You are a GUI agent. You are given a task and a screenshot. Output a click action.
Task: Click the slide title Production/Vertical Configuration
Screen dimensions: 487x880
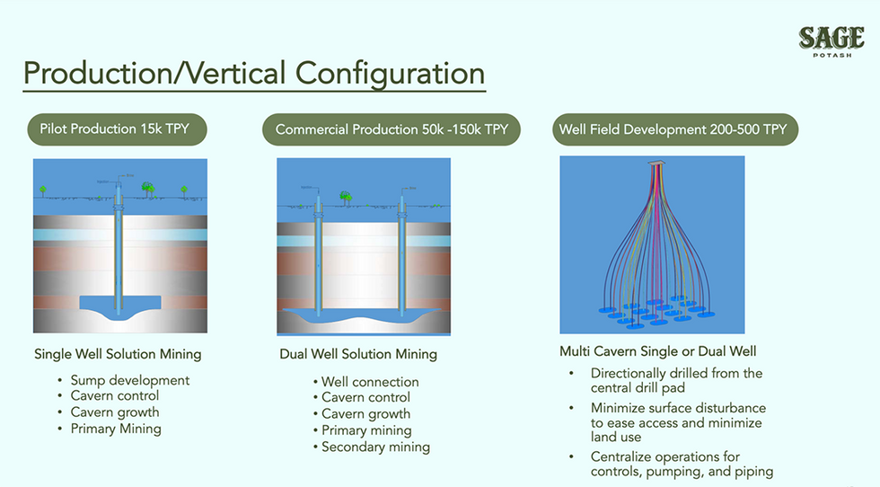tap(254, 74)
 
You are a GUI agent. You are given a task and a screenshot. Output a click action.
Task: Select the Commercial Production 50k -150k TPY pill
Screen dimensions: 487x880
tap(392, 129)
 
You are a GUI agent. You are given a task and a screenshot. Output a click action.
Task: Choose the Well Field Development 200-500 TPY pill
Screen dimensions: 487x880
tap(673, 129)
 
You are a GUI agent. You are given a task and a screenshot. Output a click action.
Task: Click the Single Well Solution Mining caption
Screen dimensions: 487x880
tap(118, 354)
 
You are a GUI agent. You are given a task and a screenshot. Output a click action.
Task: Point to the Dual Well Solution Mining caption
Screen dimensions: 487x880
tap(358, 354)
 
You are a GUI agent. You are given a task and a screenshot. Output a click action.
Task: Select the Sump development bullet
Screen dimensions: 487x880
tap(130, 380)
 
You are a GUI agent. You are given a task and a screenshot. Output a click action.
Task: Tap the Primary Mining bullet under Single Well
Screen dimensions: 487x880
tap(116, 429)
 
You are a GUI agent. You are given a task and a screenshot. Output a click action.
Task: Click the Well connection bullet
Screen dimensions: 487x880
tap(370, 382)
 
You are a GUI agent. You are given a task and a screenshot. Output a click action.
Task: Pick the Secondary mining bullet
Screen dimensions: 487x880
tap(375, 447)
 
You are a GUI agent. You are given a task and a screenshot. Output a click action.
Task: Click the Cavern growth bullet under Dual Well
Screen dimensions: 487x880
tap(365, 414)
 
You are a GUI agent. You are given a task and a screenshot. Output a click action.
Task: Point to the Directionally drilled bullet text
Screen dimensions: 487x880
tap(676, 380)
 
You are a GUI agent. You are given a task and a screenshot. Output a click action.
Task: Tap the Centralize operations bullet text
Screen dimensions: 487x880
tap(682, 464)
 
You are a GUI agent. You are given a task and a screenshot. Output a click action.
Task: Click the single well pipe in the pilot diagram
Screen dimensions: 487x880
tap(118, 252)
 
